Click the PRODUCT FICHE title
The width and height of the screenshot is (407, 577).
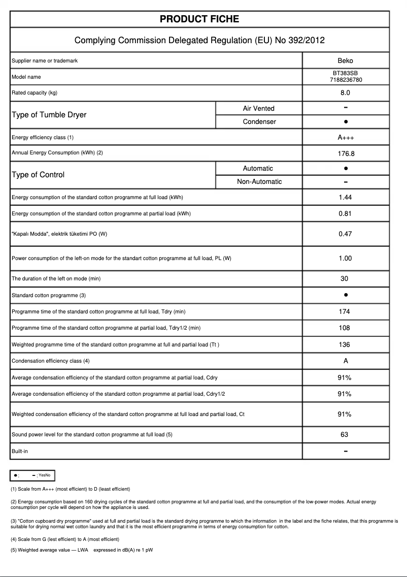(x=199, y=19)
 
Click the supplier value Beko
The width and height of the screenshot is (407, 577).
(x=345, y=60)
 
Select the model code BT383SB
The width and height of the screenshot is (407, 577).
(x=345, y=73)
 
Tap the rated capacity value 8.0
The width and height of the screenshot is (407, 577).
(x=345, y=93)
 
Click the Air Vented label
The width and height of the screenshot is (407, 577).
(x=258, y=108)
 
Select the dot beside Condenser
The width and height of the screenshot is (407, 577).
(x=345, y=122)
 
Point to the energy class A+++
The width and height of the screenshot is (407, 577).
(x=345, y=138)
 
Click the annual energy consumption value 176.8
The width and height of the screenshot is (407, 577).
(x=345, y=153)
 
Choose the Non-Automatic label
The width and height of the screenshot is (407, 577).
(x=259, y=181)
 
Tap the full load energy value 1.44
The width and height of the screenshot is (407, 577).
(x=345, y=198)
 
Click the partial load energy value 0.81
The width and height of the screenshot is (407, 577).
(x=345, y=213)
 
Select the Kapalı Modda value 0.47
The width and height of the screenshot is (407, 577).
(x=345, y=234)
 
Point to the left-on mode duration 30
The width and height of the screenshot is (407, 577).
(x=345, y=279)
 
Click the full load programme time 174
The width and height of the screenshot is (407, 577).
(x=345, y=311)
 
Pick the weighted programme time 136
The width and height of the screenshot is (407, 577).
(x=345, y=344)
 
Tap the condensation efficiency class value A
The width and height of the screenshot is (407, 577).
(x=345, y=361)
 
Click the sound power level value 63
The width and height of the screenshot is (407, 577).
(x=345, y=434)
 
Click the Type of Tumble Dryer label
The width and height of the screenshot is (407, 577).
(x=49, y=115)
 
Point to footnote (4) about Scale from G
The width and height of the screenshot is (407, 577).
(x=64, y=539)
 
